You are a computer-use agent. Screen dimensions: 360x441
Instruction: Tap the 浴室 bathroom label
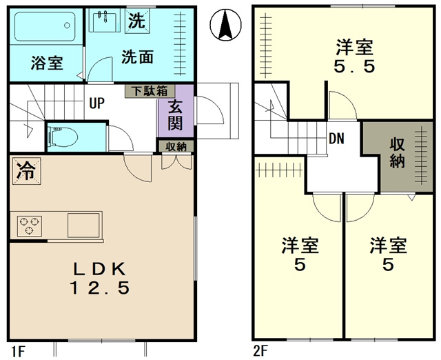click(47, 63)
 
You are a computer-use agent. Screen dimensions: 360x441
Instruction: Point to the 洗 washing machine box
click(137, 21)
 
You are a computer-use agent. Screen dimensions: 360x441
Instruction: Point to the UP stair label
click(96, 104)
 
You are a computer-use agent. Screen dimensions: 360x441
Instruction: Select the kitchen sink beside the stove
click(82, 224)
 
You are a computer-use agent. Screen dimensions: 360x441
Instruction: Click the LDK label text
click(101, 268)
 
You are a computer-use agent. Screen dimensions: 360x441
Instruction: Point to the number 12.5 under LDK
click(101, 288)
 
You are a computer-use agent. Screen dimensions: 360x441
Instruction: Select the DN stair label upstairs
click(336, 138)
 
